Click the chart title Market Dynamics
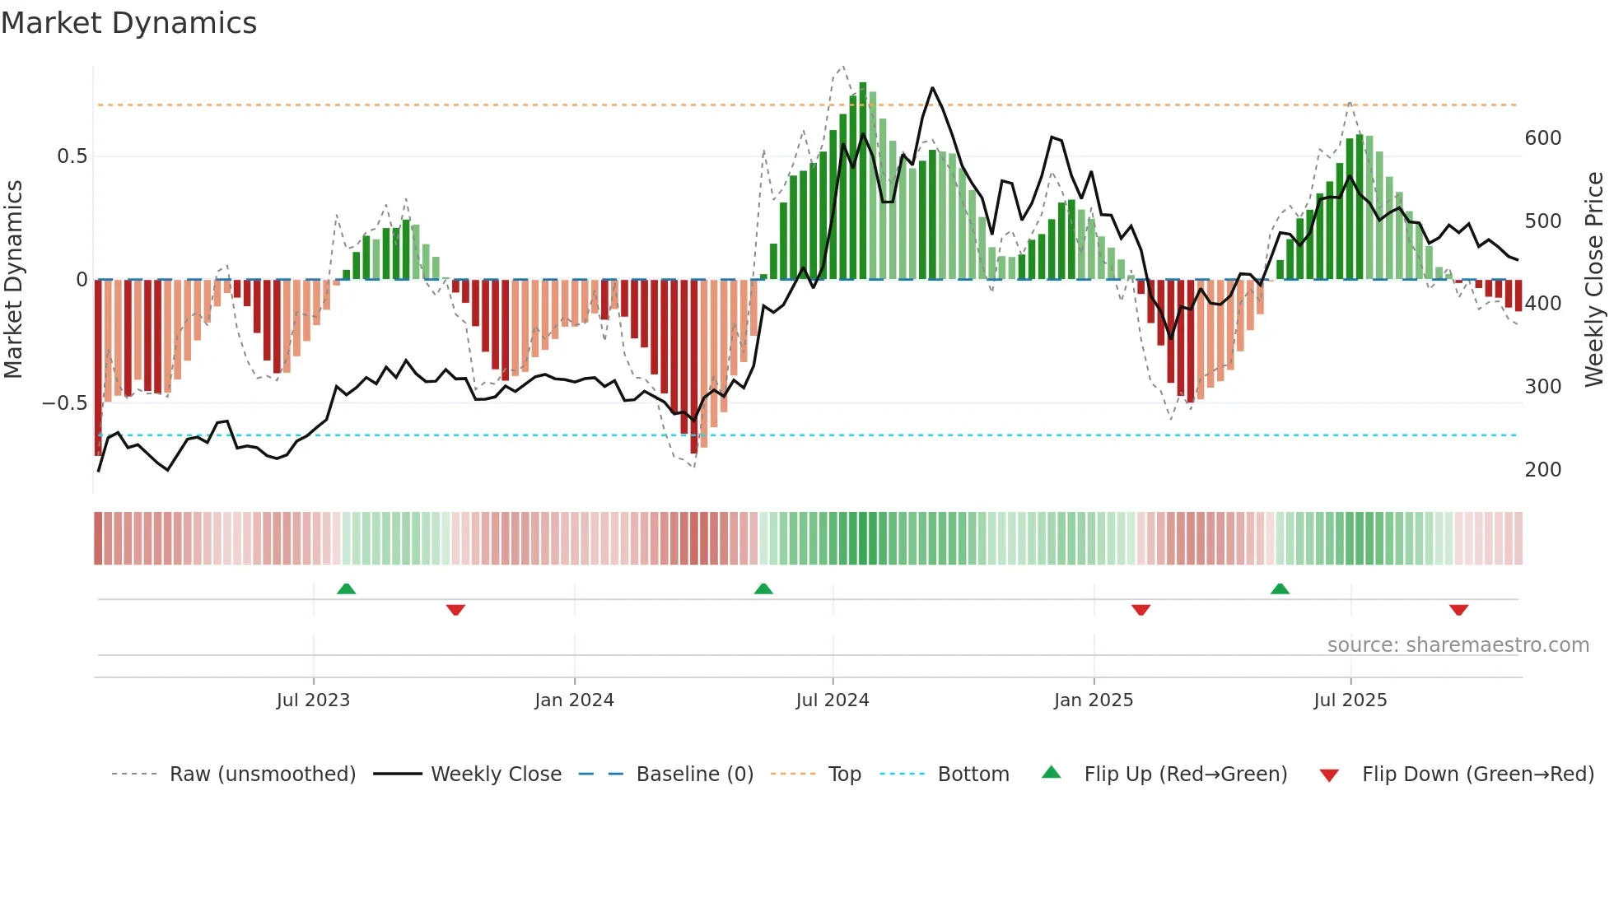pyautogui.click(x=128, y=23)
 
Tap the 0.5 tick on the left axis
pyautogui.click(x=72, y=156)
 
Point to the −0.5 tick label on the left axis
pyautogui.click(x=65, y=403)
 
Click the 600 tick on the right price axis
pyautogui.click(x=1542, y=138)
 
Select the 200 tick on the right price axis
pyautogui.click(x=1542, y=470)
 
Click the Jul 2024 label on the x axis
pyautogui.click(x=832, y=700)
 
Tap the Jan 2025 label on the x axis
pyautogui.click(x=1093, y=700)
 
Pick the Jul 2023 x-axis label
pyautogui.click(x=313, y=700)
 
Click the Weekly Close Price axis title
pyautogui.click(x=1594, y=280)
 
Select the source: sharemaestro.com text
pyautogui.click(x=1458, y=645)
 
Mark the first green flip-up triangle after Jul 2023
pyautogui.click(x=346, y=589)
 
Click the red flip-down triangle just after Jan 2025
pyautogui.click(x=1141, y=610)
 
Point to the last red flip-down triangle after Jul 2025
pyautogui.click(x=1458, y=610)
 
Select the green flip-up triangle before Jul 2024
pyautogui.click(x=763, y=589)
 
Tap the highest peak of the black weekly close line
pyautogui.click(x=932, y=88)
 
